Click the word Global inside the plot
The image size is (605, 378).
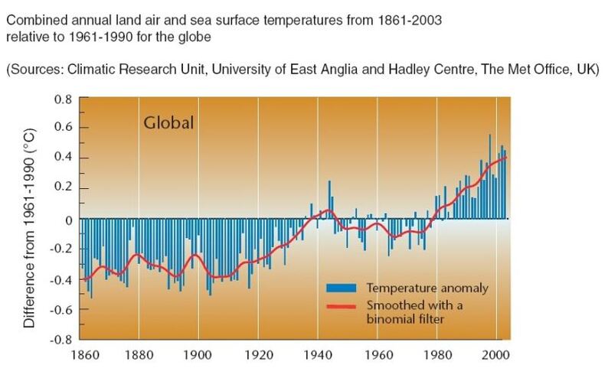[168, 123]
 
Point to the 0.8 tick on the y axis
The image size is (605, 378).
[60, 99]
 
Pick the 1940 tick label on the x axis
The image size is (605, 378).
[318, 356]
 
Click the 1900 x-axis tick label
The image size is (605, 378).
[198, 356]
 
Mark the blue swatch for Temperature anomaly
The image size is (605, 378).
[342, 288]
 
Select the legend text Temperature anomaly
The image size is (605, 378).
[427, 288]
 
